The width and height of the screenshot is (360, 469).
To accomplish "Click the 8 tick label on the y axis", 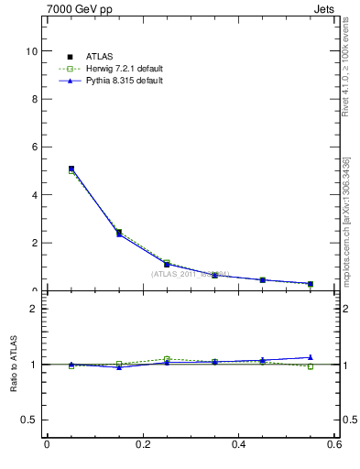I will (34, 99).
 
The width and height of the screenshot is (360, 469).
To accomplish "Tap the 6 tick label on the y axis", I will (34, 147).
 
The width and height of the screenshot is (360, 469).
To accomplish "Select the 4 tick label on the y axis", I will (34, 195).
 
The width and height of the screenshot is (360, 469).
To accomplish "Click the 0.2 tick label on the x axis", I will (142, 445).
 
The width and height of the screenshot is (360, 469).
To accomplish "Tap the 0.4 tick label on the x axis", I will (238, 445).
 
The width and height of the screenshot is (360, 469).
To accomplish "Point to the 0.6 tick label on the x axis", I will (333, 445).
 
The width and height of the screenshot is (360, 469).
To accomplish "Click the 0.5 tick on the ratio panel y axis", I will (30, 420).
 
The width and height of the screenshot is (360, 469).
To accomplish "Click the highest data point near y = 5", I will (71, 169).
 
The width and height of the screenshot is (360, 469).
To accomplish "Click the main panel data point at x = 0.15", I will (119, 233).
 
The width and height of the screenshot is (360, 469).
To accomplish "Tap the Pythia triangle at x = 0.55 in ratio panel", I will (311, 357).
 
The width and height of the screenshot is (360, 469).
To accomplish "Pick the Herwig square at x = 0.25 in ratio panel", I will (167, 359).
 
